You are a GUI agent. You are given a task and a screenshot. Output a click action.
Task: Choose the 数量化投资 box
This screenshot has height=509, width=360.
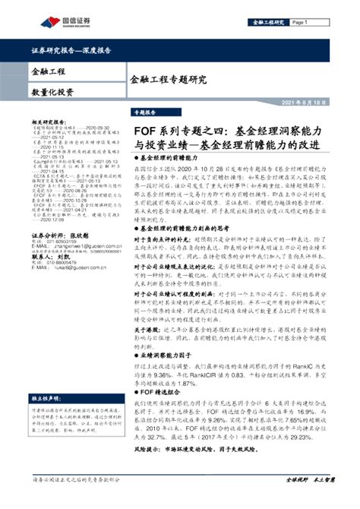pos(53,92)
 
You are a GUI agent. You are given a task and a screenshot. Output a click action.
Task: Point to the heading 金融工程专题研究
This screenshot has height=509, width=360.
pos(168,78)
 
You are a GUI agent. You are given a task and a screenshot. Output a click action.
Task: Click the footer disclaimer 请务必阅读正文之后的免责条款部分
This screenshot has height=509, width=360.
pos(76,500)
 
